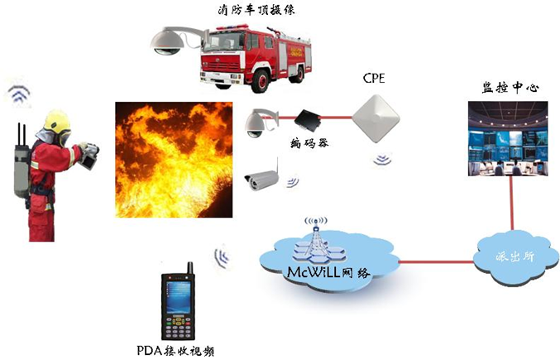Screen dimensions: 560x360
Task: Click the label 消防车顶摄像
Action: [256, 10]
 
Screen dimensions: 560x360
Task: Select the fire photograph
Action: [174, 160]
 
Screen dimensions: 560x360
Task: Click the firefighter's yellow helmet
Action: [56, 121]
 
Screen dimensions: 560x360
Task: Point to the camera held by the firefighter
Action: [89, 156]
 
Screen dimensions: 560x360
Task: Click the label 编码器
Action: [309, 143]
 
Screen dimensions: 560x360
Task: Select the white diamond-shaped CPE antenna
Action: [376, 118]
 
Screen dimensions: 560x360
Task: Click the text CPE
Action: [374, 78]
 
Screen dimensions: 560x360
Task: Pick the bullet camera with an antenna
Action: [261, 176]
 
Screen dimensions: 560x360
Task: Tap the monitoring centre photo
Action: [508, 138]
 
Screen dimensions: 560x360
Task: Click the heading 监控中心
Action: [510, 88]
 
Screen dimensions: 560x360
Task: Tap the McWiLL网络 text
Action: [328, 272]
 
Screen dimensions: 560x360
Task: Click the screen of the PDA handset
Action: [178, 296]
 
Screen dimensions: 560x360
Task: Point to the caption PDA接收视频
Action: [175, 351]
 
